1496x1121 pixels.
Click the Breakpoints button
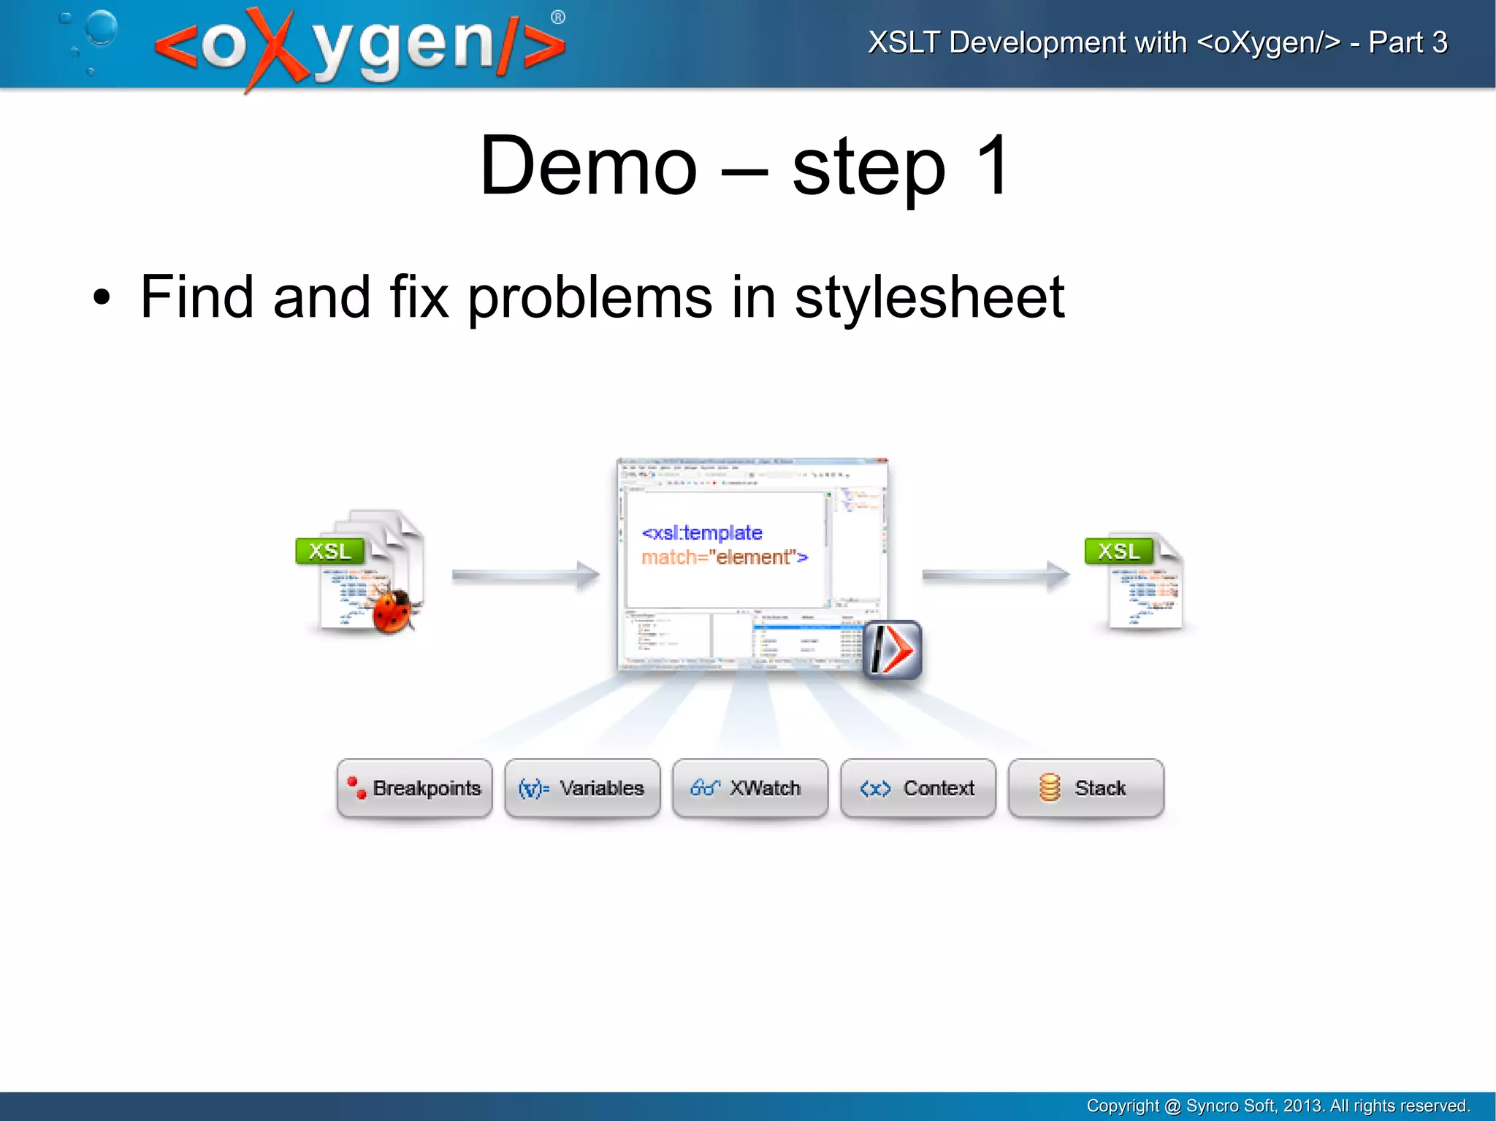pyautogui.click(x=414, y=788)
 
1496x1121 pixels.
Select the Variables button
pyautogui.click(x=582, y=788)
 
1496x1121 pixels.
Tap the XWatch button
pyautogui.click(x=749, y=788)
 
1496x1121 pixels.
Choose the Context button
pyautogui.click(x=917, y=788)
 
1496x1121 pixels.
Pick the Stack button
pyautogui.click(x=1085, y=788)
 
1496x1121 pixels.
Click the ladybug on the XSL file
pyautogui.click(x=394, y=610)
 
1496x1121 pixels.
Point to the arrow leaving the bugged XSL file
pyautogui.click(x=525, y=575)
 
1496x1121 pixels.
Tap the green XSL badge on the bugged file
pyautogui.click(x=329, y=551)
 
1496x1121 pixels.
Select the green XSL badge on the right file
pyautogui.click(x=1118, y=551)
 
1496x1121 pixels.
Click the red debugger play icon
pyautogui.click(x=893, y=649)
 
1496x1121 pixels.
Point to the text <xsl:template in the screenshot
pyautogui.click(x=701, y=533)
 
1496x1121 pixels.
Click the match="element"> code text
pyautogui.click(x=725, y=558)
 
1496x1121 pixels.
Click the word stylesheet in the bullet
pyautogui.click(x=929, y=297)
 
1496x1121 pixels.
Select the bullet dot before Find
pyautogui.click(x=102, y=298)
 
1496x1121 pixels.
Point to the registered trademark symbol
pyautogui.click(x=558, y=18)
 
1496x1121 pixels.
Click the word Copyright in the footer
pyautogui.click(x=1122, y=1106)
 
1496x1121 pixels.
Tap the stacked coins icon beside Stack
pyautogui.click(x=1050, y=788)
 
